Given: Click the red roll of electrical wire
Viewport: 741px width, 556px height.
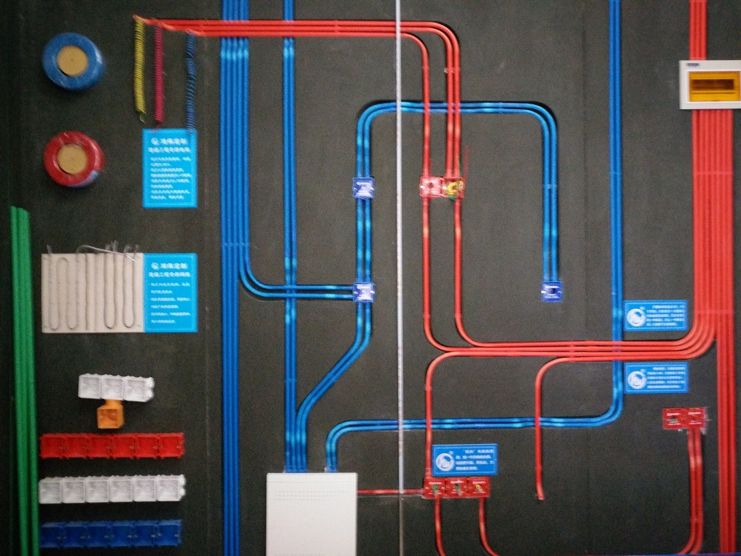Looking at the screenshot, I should (73, 159).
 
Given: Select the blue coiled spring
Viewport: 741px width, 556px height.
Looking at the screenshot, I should (191, 78).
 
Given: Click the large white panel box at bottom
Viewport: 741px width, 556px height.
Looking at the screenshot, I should (311, 513).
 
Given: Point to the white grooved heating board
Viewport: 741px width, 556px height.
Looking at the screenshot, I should (93, 293).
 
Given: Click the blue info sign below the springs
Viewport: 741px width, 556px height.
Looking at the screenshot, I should (170, 168).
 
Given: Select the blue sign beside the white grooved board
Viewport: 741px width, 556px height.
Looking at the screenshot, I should (171, 293).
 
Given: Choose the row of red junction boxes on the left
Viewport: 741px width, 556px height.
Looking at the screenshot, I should (112, 445).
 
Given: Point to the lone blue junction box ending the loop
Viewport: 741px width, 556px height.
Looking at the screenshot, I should (551, 291).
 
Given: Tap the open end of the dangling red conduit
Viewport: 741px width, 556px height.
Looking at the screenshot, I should (540, 496).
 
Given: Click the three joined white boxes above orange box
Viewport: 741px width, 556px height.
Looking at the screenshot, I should (116, 386).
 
